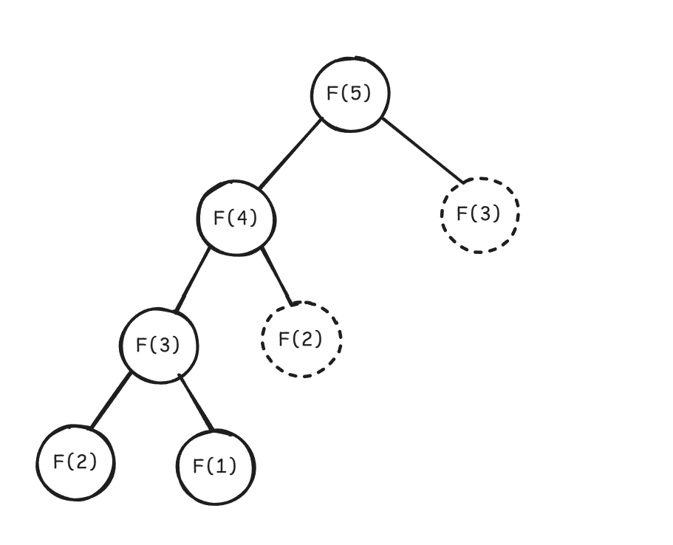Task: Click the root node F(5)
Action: point(349,95)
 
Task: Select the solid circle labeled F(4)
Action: point(236,219)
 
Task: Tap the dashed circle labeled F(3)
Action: point(479,214)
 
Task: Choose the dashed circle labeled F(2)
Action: point(301,339)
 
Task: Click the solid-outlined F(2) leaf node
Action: point(75,462)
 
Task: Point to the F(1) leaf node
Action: point(216,466)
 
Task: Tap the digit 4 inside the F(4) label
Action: point(244,219)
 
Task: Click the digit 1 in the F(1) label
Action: point(223,467)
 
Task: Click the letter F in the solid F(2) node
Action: point(58,462)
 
